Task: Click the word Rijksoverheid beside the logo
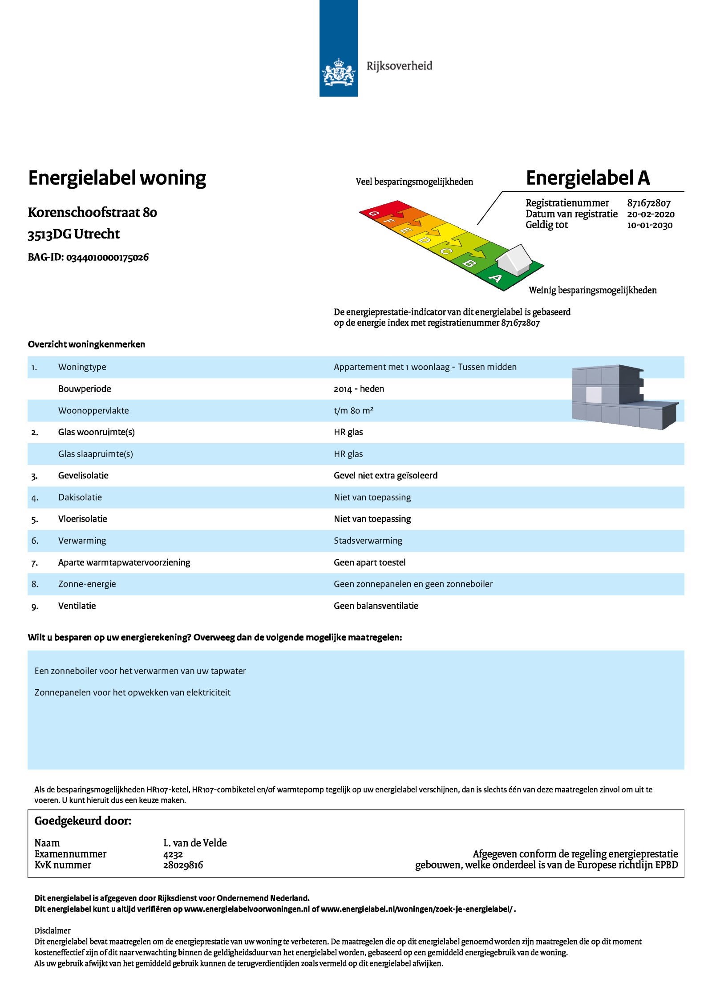(399, 66)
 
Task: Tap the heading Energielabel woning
(117, 178)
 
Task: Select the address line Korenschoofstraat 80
(92, 212)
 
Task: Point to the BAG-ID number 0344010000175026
(107, 257)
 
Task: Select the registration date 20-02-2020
(650, 214)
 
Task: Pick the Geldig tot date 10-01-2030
(649, 225)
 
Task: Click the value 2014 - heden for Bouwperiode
(359, 389)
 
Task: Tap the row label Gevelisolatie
(83, 476)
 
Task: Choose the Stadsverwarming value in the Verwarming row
(368, 541)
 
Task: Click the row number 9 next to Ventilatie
(35, 606)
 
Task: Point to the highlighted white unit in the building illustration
(593, 394)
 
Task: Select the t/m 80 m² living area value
(353, 411)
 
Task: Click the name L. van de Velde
(195, 843)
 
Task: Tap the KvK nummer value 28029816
(183, 865)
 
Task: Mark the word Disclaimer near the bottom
(53, 930)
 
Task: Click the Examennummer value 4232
(173, 854)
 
